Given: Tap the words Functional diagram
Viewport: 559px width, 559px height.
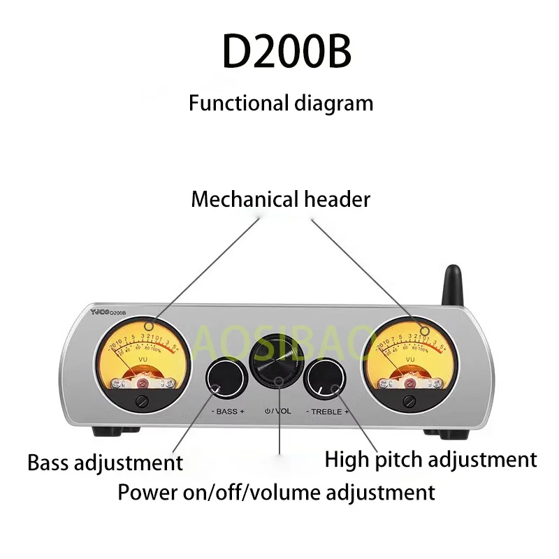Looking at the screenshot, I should click(x=281, y=103).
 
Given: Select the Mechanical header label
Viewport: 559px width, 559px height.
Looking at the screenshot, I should click(x=280, y=199).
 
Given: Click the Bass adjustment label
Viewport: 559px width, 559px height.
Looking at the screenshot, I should click(x=105, y=462).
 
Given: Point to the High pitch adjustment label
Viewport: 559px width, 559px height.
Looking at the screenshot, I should click(x=430, y=459).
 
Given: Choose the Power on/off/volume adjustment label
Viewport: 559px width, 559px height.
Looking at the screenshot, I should click(x=276, y=492).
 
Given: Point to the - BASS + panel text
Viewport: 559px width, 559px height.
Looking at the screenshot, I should click(x=228, y=412).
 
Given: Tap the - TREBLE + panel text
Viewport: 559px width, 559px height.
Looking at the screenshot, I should click(x=326, y=412).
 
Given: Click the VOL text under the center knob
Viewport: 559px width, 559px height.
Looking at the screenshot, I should click(x=283, y=411).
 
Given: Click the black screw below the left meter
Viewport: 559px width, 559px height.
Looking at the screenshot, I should click(x=143, y=400).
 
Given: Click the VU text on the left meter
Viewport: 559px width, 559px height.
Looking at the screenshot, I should click(x=144, y=359).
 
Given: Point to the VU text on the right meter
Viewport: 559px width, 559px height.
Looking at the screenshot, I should click(x=409, y=359).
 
